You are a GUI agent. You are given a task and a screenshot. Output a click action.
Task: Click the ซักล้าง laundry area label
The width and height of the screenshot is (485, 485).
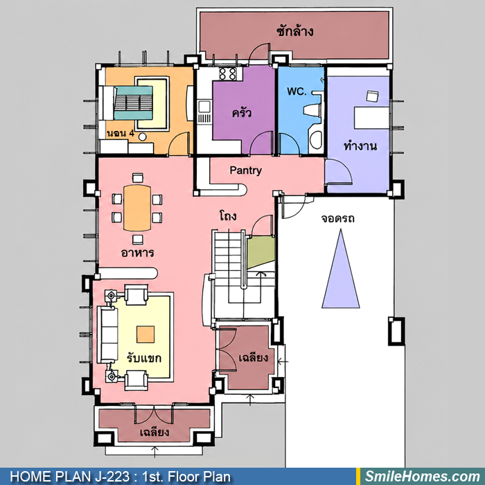(294, 31)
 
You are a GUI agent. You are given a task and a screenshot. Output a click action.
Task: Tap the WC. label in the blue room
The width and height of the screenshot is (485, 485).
(297, 91)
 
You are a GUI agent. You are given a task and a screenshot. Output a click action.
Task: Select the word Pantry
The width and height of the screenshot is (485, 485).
(245, 170)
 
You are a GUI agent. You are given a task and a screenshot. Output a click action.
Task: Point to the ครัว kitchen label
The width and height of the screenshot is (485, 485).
(242, 112)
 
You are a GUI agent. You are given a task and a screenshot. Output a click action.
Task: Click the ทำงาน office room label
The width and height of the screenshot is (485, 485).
(360, 145)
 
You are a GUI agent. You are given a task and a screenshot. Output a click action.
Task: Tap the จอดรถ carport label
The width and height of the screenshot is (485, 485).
(337, 218)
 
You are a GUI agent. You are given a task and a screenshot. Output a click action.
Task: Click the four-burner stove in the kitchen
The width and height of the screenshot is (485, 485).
(228, 73)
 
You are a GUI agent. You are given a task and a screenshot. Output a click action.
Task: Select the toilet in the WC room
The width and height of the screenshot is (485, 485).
(312, 111)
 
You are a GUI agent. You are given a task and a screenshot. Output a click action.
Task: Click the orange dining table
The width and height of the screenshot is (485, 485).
(137, 208)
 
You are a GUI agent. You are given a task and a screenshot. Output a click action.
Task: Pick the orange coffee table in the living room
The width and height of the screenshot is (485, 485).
(145, 334)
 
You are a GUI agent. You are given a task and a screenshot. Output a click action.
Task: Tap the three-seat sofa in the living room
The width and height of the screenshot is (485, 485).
(107, 335)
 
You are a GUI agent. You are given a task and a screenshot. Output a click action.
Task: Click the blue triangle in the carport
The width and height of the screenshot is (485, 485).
(341, 269)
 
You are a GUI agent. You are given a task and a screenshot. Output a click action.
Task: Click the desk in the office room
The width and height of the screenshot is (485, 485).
(371, 118)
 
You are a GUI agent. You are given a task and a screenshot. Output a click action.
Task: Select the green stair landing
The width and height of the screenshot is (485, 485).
(261, 252)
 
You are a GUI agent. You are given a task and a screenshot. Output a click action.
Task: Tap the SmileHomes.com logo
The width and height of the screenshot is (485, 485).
(423, 477)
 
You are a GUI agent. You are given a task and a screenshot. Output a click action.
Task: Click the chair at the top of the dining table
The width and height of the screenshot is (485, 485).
(138, 178)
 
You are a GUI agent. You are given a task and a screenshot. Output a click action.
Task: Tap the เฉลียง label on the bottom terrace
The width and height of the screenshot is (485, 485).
(155, 432)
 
